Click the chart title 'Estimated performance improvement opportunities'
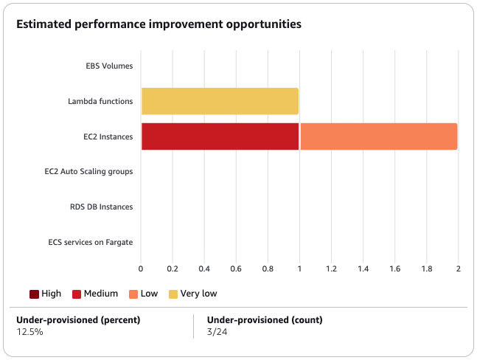tap(159, 24)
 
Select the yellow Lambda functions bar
tap(220, 101)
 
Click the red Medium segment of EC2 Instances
tap(220, 136)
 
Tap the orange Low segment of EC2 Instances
tap(378, 136)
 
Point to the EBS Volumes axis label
tap(109, 66)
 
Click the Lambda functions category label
tap(100, 101)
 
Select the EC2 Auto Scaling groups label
tap(88, 171)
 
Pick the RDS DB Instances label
tap(97, 207)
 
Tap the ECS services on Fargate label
tap(91, 242)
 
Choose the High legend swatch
tap(34, 294)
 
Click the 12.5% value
tap(29, 333)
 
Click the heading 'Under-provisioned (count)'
tap(265, 320)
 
